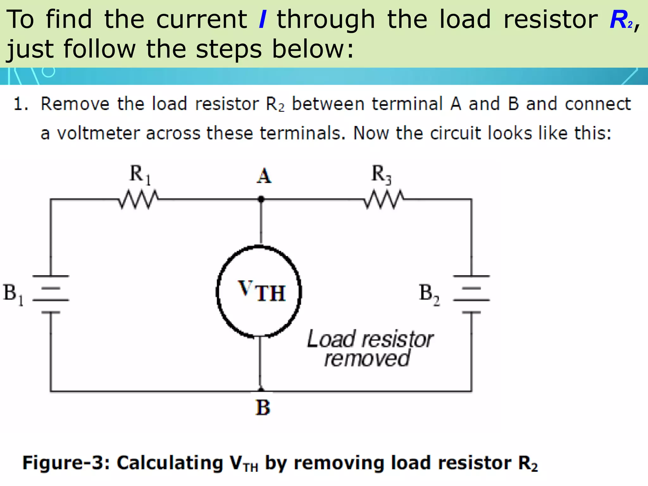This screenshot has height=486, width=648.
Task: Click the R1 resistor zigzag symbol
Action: tap(139, 199)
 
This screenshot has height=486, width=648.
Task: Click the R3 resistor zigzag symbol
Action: tap(383, 199)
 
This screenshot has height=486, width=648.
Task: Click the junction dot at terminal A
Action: tap(261, 199)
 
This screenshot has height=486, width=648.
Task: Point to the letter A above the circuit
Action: tap(264, 176)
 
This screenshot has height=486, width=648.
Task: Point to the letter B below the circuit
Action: tap(263, 408)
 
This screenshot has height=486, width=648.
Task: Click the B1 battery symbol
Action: tap(51, 294)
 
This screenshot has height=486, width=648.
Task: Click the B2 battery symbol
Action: tap(471, 294)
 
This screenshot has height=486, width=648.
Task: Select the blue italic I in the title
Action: tap(262, 20)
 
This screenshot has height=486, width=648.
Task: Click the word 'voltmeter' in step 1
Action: tap(98, 133)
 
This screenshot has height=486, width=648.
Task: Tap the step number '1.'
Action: tap(21, 104)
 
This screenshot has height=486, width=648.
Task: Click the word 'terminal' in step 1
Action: tap(407, 104)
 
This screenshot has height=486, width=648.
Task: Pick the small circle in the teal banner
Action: tap(48, 72)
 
